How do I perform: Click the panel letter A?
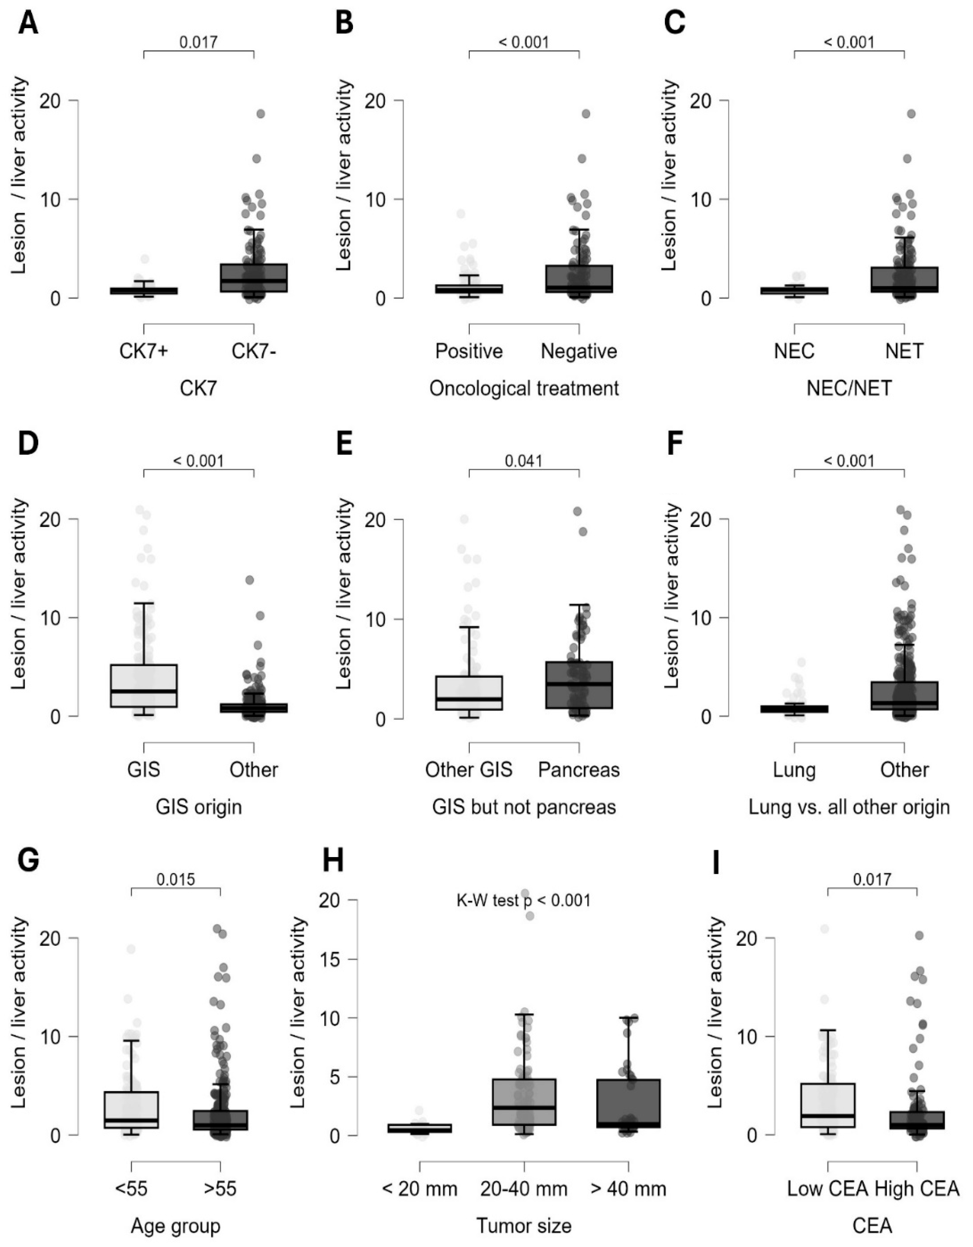pos(28,24)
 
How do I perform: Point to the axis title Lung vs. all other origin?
pos(849,807)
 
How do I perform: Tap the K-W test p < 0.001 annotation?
pos(524,901)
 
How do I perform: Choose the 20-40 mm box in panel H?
pos(524,1102)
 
